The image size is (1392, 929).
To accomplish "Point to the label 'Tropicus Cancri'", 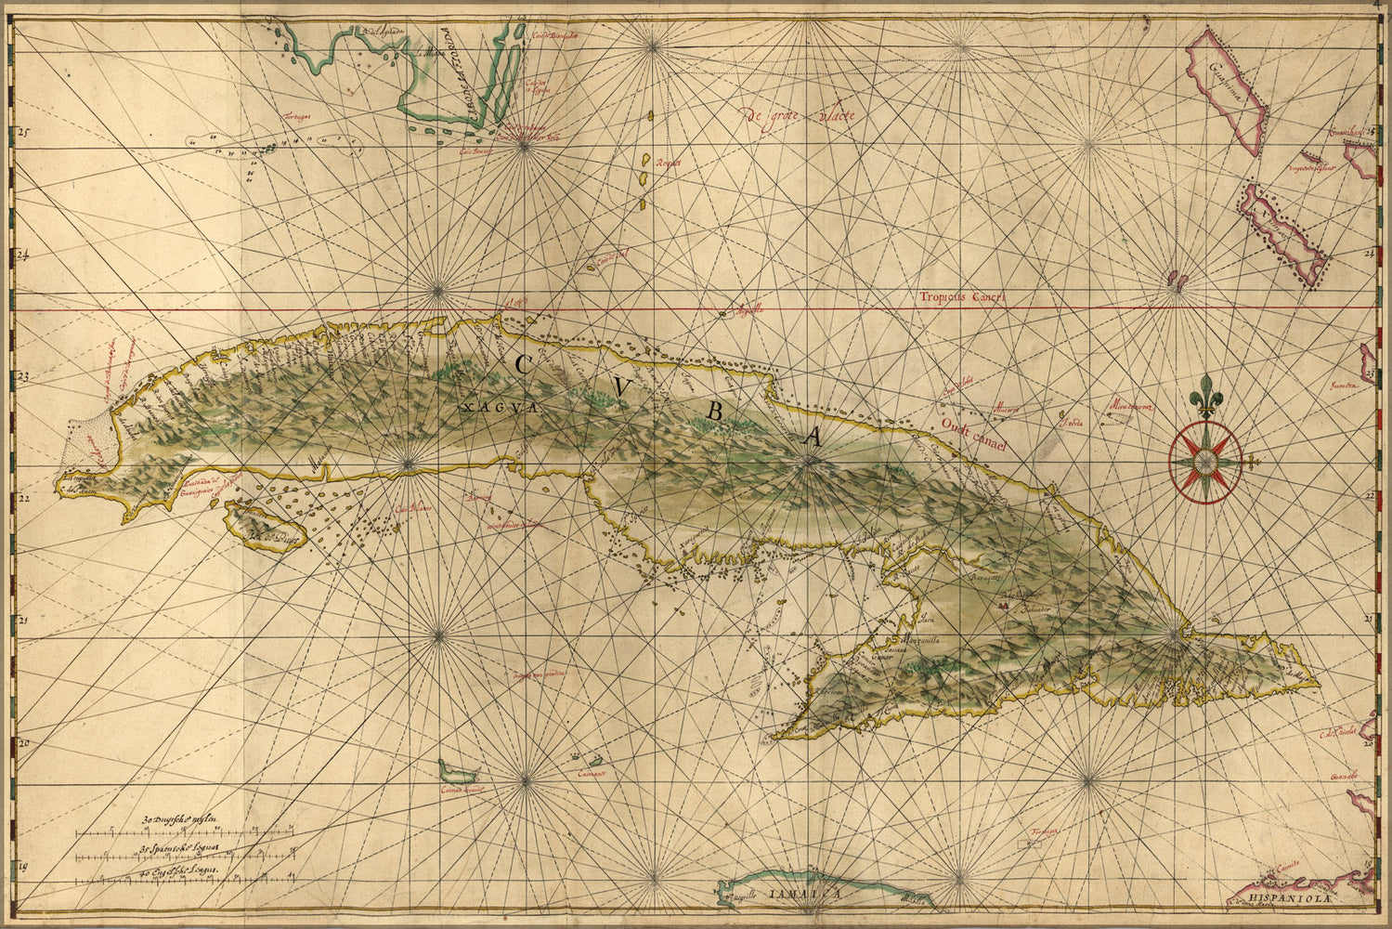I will coord(963,297).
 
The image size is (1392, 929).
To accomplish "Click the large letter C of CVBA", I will coord(522,365).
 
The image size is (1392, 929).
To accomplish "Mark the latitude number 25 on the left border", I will coord(22,133).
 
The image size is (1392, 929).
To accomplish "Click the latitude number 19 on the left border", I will coord(22,866).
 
